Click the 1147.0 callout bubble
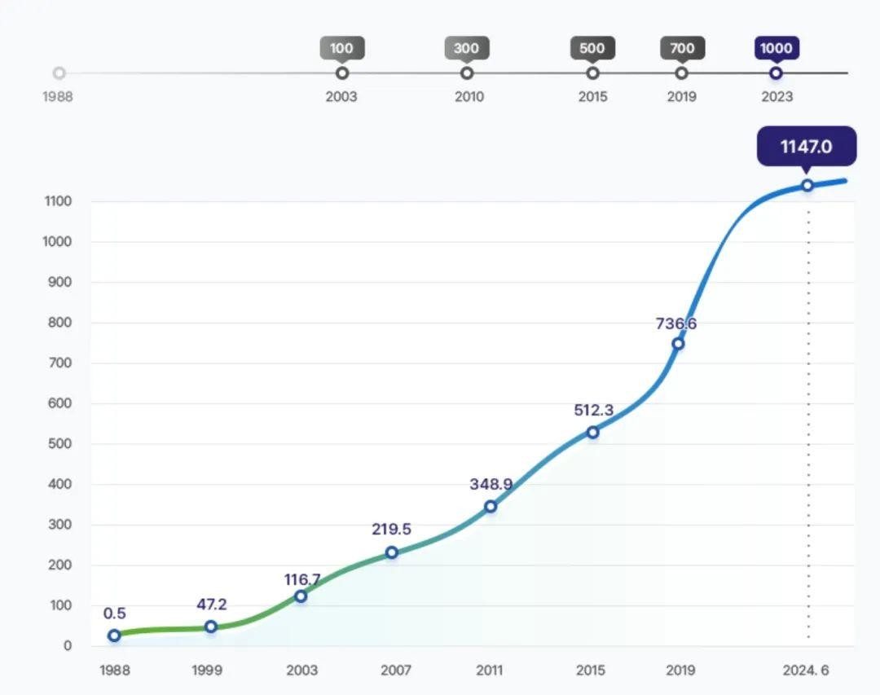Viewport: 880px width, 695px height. point(806,147)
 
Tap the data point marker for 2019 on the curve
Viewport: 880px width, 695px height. point(678,343)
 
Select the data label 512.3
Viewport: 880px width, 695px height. point(593,411)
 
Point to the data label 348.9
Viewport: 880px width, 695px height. point(491,485)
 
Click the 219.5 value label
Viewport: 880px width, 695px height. point(391,530)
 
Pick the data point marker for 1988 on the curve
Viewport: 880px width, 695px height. point(114,636)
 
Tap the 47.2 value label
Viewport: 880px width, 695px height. point(211,605)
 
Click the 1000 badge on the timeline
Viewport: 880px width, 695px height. point(776,48)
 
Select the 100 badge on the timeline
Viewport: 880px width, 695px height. point(341,48)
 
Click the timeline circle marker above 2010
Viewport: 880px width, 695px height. point(467,73)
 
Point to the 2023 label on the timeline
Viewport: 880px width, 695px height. point(777,97)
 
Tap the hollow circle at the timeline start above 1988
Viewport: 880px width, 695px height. point(59,73)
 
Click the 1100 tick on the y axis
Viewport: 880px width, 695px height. point(58,201)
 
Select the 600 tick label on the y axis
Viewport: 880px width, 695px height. point(58,403)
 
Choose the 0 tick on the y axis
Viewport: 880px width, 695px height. point(68,646)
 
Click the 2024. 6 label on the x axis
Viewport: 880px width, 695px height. point(805,671)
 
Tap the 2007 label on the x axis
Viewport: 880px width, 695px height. point(396,671)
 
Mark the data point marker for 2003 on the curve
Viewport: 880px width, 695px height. point(301,596)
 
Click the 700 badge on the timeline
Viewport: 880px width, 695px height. point(682,48)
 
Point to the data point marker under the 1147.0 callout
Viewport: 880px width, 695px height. point(807,185)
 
